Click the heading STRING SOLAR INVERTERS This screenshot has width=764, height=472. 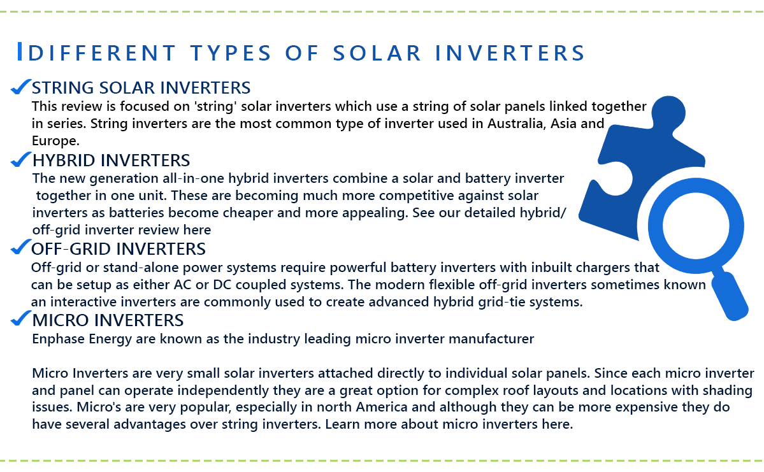click(141, 88)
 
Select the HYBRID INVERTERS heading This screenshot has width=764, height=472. click(111, 161)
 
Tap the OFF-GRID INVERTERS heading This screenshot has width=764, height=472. click(119, 249)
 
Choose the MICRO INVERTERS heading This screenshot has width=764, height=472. click(108, 320)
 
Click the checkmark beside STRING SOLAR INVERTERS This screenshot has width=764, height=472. click(20, 87)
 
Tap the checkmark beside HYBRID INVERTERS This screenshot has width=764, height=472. click(20, 159)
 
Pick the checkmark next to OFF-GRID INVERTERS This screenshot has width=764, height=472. click(20, 247)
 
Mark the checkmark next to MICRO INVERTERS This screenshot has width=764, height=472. click(20, 318)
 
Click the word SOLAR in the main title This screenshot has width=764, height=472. click(377, 53)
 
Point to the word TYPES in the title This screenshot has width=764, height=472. click(231, 53)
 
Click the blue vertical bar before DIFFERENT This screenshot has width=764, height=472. click(20, 52)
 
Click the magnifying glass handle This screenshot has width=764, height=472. click(730, 296)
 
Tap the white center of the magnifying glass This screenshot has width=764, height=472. click(696, 226)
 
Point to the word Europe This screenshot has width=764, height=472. click(54, 141)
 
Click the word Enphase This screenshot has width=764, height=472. click(59, 339)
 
